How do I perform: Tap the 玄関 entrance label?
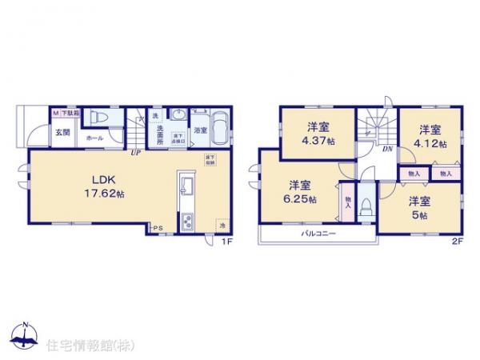pos(62,132)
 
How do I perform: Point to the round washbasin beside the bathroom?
pos(178,113)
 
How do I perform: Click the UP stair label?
pos(137,151)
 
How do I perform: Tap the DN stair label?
pos(386,150)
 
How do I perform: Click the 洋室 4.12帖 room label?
pos(430,136)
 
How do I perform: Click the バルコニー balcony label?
pos(318,234)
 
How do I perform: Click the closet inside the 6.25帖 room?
pos(346,201)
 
